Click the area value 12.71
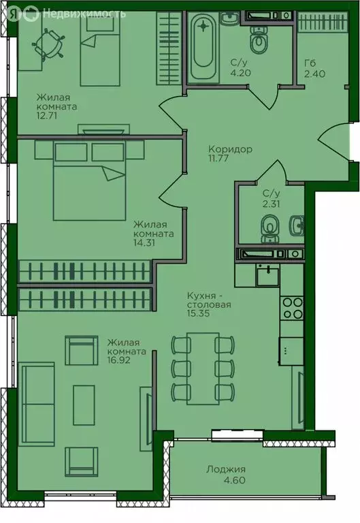click(x=47, y=116)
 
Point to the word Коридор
click(x=230, y=149)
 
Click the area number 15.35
click(x=198, y=313)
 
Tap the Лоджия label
click(x=226, y=470)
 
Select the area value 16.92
click(x=118, y=360)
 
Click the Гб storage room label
click(x=310, y=63)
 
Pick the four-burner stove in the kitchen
click(x=292, y=308)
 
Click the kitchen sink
click(x=267, y=276)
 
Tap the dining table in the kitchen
click(x=203, y=368)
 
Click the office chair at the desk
click(x=49, y=44)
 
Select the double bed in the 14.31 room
click(x=89, y=180)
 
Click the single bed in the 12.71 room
click(x=100, y=49)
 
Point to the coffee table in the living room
click(x=84, y=405)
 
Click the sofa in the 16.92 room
click(x=37, y=404)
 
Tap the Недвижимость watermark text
click(x=84, y=14)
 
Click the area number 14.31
click(x=144, y=242)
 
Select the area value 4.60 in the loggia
click(x=235, y=480)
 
